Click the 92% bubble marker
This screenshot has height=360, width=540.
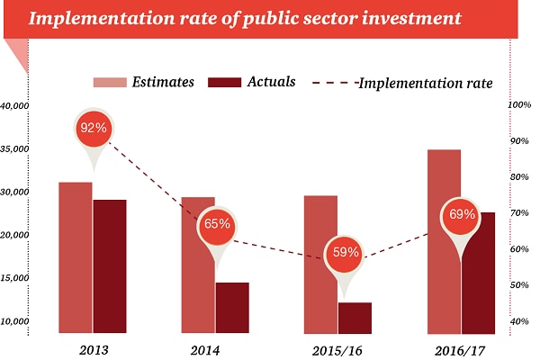pyautogui.click(x=93, y=128)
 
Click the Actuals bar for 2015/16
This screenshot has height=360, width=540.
pyautogui.click(x=355, y=318)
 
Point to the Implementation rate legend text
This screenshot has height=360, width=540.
pyautogui.click(x=425, y=83)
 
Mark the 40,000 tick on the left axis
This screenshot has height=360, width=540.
pyautogui.click(x=15, y=106)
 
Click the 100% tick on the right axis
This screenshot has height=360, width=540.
pyautogui.click(x=520, y=105)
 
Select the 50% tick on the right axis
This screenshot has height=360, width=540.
pyautogui.click(x=520, y=285)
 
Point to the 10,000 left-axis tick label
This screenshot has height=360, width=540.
pyautogui.click(x=15, y=321)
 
